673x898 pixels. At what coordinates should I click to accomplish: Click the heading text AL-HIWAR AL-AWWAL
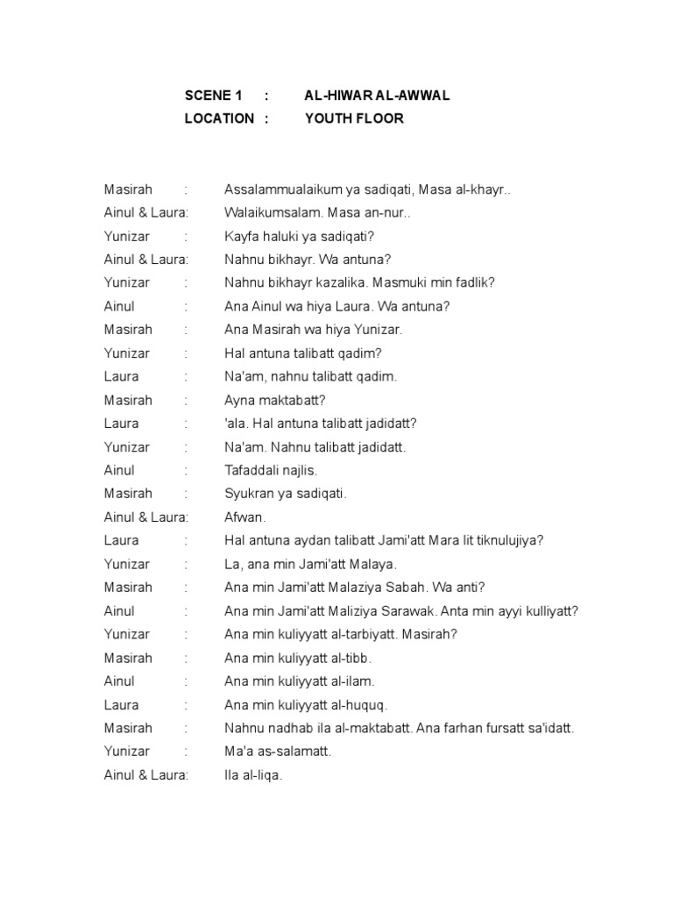point(377,95)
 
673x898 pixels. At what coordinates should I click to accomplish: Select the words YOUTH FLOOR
point(354,118)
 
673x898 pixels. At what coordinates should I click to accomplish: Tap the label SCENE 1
point(212,95)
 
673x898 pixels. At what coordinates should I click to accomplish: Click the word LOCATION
point(219,118)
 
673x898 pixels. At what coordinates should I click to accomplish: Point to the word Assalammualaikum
point(278,189)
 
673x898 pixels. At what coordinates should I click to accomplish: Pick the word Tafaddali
point(251,470)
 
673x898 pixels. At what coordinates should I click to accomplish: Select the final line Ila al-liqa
point(253,775)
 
